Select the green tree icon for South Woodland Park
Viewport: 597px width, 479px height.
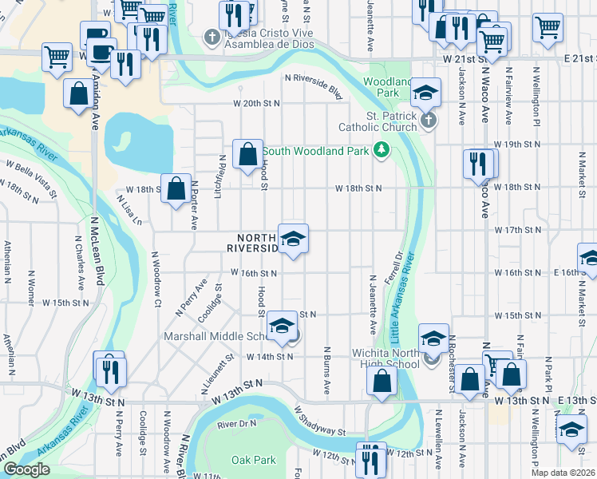click(x=382, y=150)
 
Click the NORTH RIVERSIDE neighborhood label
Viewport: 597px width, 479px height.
click(x=257, y=243)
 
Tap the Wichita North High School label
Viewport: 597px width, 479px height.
click(x=386, y=358)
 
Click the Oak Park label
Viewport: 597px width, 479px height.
click(x=253, y=460)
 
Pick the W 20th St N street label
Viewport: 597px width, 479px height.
click(x=258, y=104)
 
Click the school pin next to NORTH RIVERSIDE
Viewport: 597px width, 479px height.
click(x=293, y=239)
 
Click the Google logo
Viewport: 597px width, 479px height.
click(x=26, y=469)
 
